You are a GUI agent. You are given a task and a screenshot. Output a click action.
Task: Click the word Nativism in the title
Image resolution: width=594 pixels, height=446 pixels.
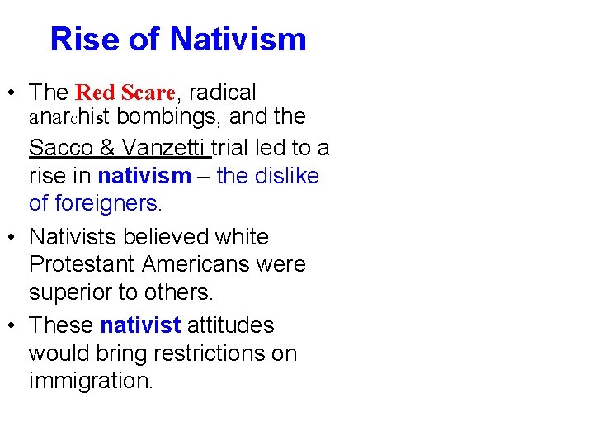[238, 39]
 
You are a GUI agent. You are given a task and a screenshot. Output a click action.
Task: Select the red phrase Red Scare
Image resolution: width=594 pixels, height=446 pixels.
[125, 92]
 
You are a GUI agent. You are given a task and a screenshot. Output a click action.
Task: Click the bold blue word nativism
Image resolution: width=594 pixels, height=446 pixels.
[144, 176]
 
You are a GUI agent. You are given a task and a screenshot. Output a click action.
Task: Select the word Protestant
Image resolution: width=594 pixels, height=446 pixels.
[82, 265]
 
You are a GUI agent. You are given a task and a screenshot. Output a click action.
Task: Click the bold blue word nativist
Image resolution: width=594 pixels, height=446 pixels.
[140, 325]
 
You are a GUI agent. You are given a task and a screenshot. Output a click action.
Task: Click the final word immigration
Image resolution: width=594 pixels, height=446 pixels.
[91, 382]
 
